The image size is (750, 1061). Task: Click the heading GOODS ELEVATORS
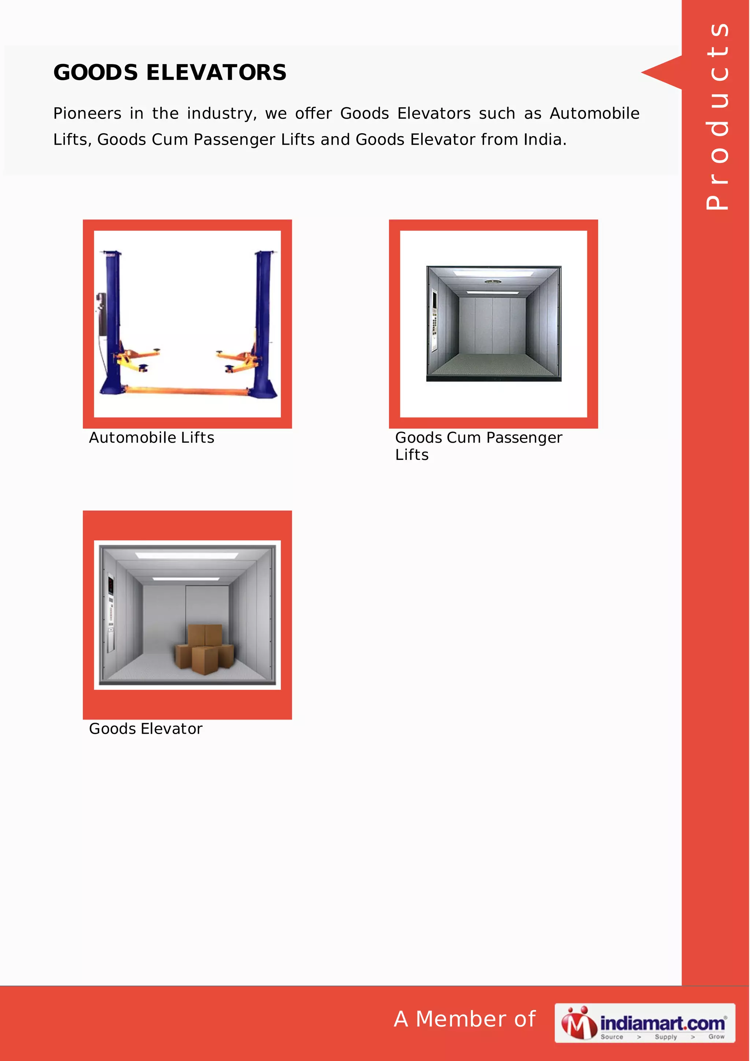pyautogui.click(x=170, y=72)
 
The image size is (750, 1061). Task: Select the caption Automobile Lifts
pyautogui.click(x=152, y=437)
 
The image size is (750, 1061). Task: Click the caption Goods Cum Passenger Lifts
pyautogui.click(x=478, y=446)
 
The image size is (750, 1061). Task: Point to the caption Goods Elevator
pyautogui.click(x=145, y=728)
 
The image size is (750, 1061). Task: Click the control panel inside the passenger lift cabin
pyautogui.click(x=434, y=319)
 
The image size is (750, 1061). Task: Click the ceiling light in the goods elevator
pyautogui.click(x=187, y=555)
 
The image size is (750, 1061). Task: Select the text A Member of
pyautogui.click(x=464, y=1019)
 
